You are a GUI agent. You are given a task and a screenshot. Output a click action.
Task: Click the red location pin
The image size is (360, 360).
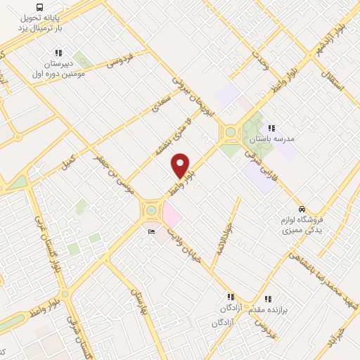[181, 165]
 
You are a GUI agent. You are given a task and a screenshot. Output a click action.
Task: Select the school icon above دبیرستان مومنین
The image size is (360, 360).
[58, 53]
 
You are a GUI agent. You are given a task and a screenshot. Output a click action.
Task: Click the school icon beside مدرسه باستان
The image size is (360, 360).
[271, 128]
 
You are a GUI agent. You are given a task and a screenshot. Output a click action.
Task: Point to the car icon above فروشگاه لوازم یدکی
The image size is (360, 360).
[302, 210]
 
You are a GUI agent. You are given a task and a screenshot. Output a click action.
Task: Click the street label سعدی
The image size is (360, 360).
[161, 105]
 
